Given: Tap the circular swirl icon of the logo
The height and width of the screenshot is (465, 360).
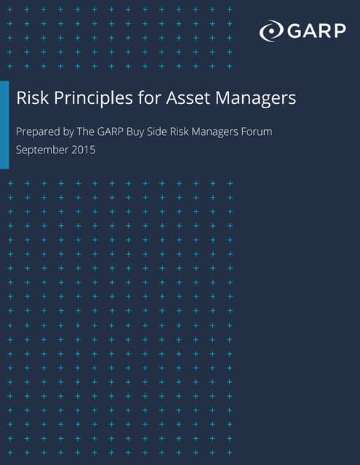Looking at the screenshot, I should pos(270,31).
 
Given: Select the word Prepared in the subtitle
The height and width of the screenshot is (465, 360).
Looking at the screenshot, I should pos(39,133).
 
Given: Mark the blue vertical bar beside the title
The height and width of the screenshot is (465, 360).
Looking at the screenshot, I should pos(4,124).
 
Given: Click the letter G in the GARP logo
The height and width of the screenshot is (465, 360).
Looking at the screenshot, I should pos(292,31).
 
